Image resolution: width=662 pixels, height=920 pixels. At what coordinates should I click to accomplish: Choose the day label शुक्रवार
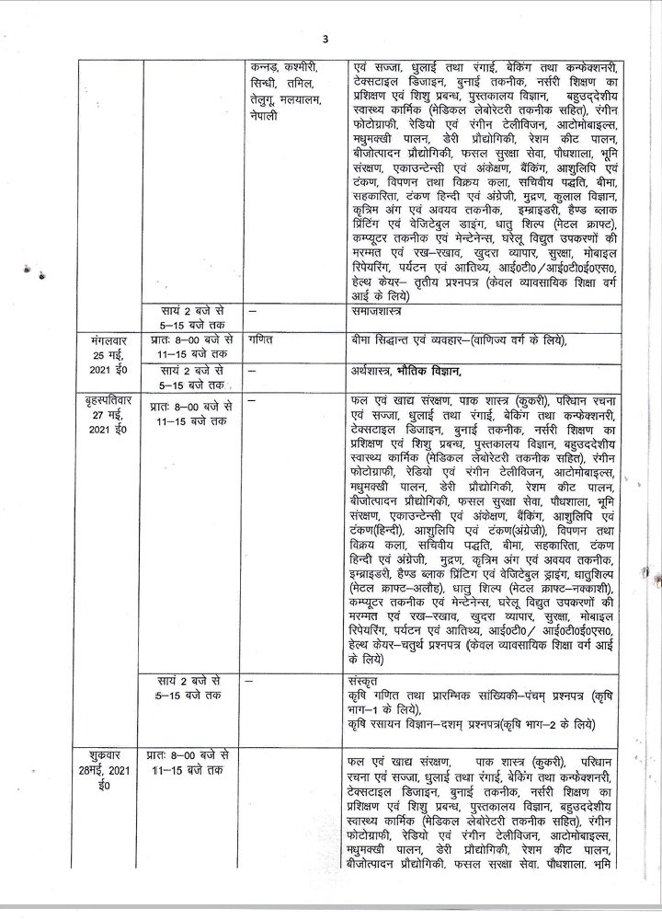pyautogui.click(x=105, y=763)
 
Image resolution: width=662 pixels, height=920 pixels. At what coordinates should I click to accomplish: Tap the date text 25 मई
pyautogui.click(x=108, y=354)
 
